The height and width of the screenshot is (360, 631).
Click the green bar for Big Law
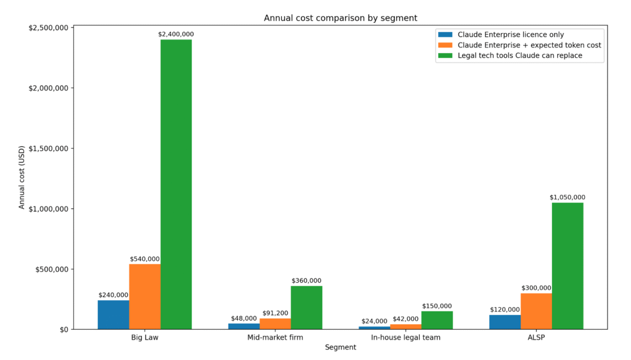(x=176, y=184)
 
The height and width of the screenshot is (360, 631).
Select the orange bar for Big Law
(x=145, y=297)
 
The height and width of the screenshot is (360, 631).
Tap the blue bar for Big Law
(x=113, y=314)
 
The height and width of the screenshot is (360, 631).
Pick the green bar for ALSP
(x=568, y=266)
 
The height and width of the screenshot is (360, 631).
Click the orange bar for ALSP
(x=536, y=311)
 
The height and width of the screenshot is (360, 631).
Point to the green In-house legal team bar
(x=437, y=320)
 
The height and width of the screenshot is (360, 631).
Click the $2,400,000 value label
(x=176, y=35)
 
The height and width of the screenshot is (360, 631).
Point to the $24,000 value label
(x=374, y=321)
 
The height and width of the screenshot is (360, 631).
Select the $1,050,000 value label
(x=568, y=197)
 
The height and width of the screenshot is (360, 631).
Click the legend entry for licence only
(x=510, y=35)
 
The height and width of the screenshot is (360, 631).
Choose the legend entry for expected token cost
(x=529, y=45)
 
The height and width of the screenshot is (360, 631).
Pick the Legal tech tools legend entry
(x=519, y=55)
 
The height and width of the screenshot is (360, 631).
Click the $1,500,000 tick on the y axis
(x=48, y=149)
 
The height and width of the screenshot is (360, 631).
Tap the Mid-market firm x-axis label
(x=275, y=338)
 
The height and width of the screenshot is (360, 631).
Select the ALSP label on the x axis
(x=536, y=338)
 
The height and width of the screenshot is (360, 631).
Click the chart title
(x=340, y=18)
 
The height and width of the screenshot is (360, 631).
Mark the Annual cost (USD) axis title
(x=22, y=178)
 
